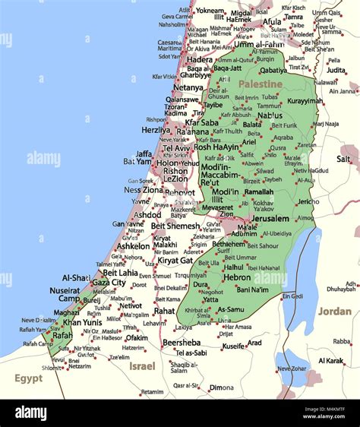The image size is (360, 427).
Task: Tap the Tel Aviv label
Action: point(177,148)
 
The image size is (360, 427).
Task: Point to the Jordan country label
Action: point(334,312)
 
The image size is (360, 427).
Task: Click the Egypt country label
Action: point(29,378)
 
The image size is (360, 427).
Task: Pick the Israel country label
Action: point(141,365)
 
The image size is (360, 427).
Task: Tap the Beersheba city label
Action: point(182,342)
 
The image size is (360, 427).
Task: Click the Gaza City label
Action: point(109,282)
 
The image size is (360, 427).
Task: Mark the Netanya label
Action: point(188,87)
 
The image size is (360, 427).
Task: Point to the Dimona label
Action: point(221,387)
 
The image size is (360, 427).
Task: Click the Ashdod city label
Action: point(147,215)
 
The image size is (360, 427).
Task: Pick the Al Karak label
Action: point(330,360)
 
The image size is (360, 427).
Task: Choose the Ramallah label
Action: point(258,191)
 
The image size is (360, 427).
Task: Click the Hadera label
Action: point(200,59)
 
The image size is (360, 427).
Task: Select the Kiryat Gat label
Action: point(175,261)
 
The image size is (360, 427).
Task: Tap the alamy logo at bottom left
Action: point(30,413)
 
